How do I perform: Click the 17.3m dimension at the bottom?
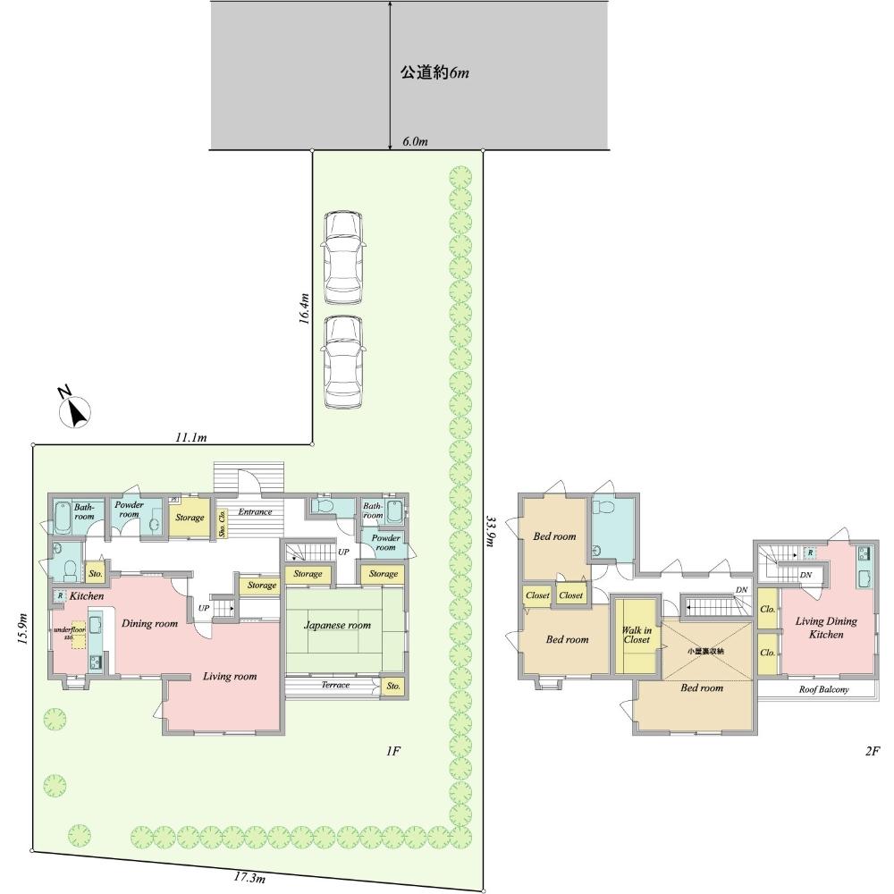click(249, 879)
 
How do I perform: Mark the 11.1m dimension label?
click(190, 437)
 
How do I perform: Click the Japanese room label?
click(337, 626)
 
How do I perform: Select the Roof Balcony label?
click(823, 690)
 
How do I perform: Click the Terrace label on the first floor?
click(334, 686)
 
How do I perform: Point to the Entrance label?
click(255, 512)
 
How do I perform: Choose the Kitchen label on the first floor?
click(87, 595)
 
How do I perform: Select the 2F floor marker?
click(873, 752)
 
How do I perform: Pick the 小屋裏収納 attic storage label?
click(705, 651)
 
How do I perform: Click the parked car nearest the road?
click(344, 257)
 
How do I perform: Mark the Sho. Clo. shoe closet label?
click(221, 523)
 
